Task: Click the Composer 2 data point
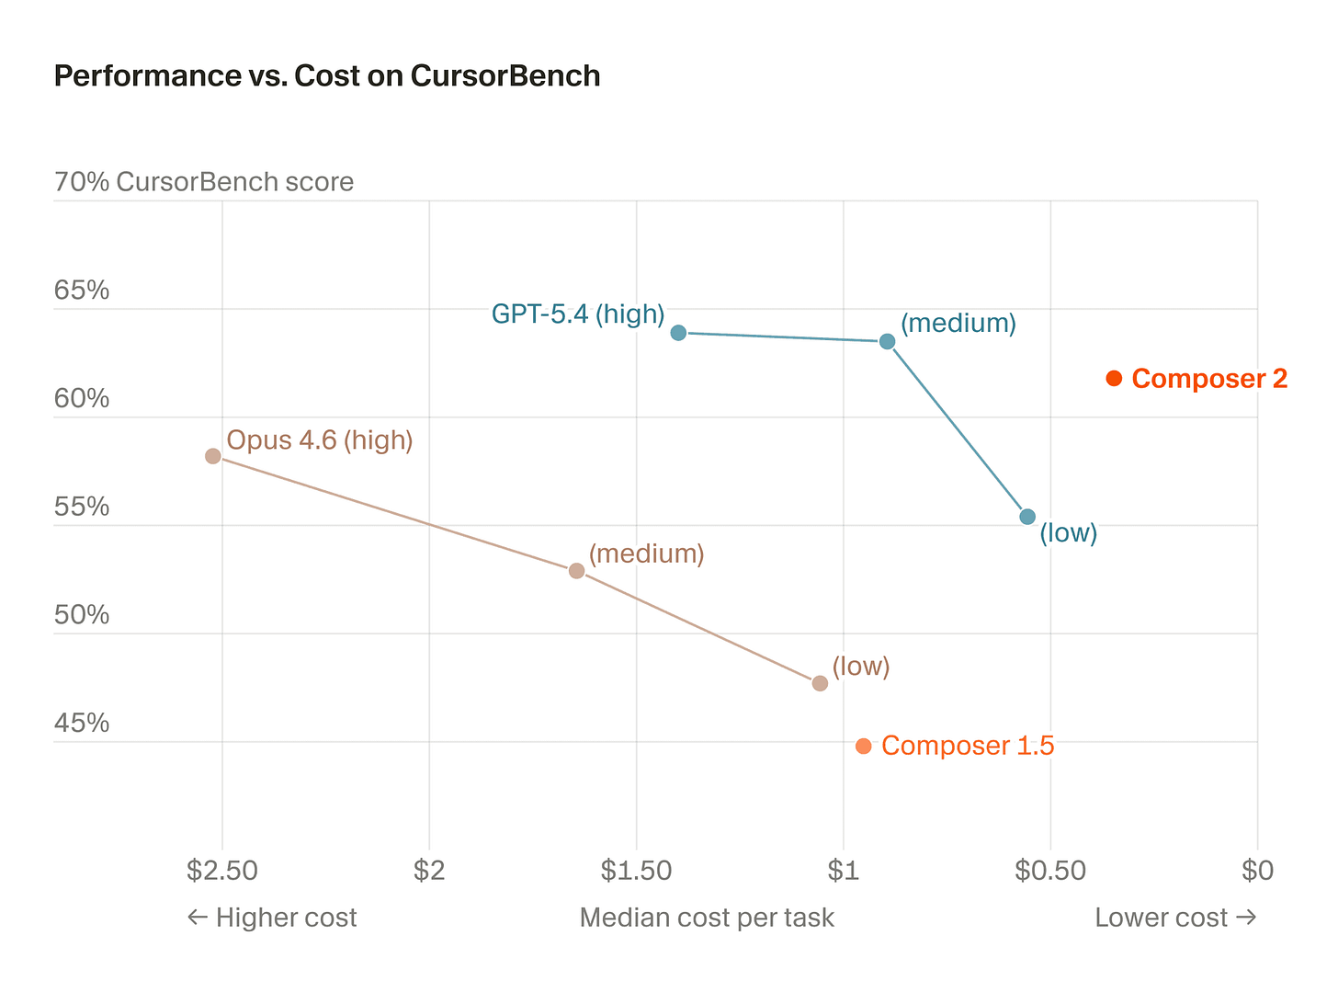pyautogui.click(x=1114, y=378)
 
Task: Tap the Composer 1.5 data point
pyautogui.click(x=863, y=746)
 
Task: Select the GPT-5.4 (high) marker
pyautogui.click(x=678, y=332)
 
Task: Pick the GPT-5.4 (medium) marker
pyautogui.click(x=887, y=341)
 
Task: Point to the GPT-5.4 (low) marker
pyautogui.click(x=1027, y=517)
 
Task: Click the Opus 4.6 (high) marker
pyautogui.click(x=213, y=456)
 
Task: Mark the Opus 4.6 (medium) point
pyautogui.click(x=576, y=570)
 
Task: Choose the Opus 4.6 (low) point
pyautogui.click(x=820, y=683)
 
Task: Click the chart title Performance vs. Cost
pyautogui.click(x=327, y=75)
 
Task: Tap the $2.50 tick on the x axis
pyautogui.click(x=221, y=870)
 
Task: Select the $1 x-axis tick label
pyautogui.click(x=844, y=870)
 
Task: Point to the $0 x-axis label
pyautogui.click(x=1257, y=870)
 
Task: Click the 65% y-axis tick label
pyautogui.click(x=82, y=291)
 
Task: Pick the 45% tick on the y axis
pyautogui.click(x=82, y=724)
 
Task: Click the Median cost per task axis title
pyautogui.click(x=707, y=918)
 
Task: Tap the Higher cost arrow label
pyautogui.click(x=272, y=918)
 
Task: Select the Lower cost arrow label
pyautogui.click(x=1175, y=918)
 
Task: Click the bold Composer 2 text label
pyautogui.click(x=1209, y=379)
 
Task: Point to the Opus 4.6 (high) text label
pyautogui.click(x=320, y=440)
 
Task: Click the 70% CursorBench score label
pyautogui.click(x=204, y=182)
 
